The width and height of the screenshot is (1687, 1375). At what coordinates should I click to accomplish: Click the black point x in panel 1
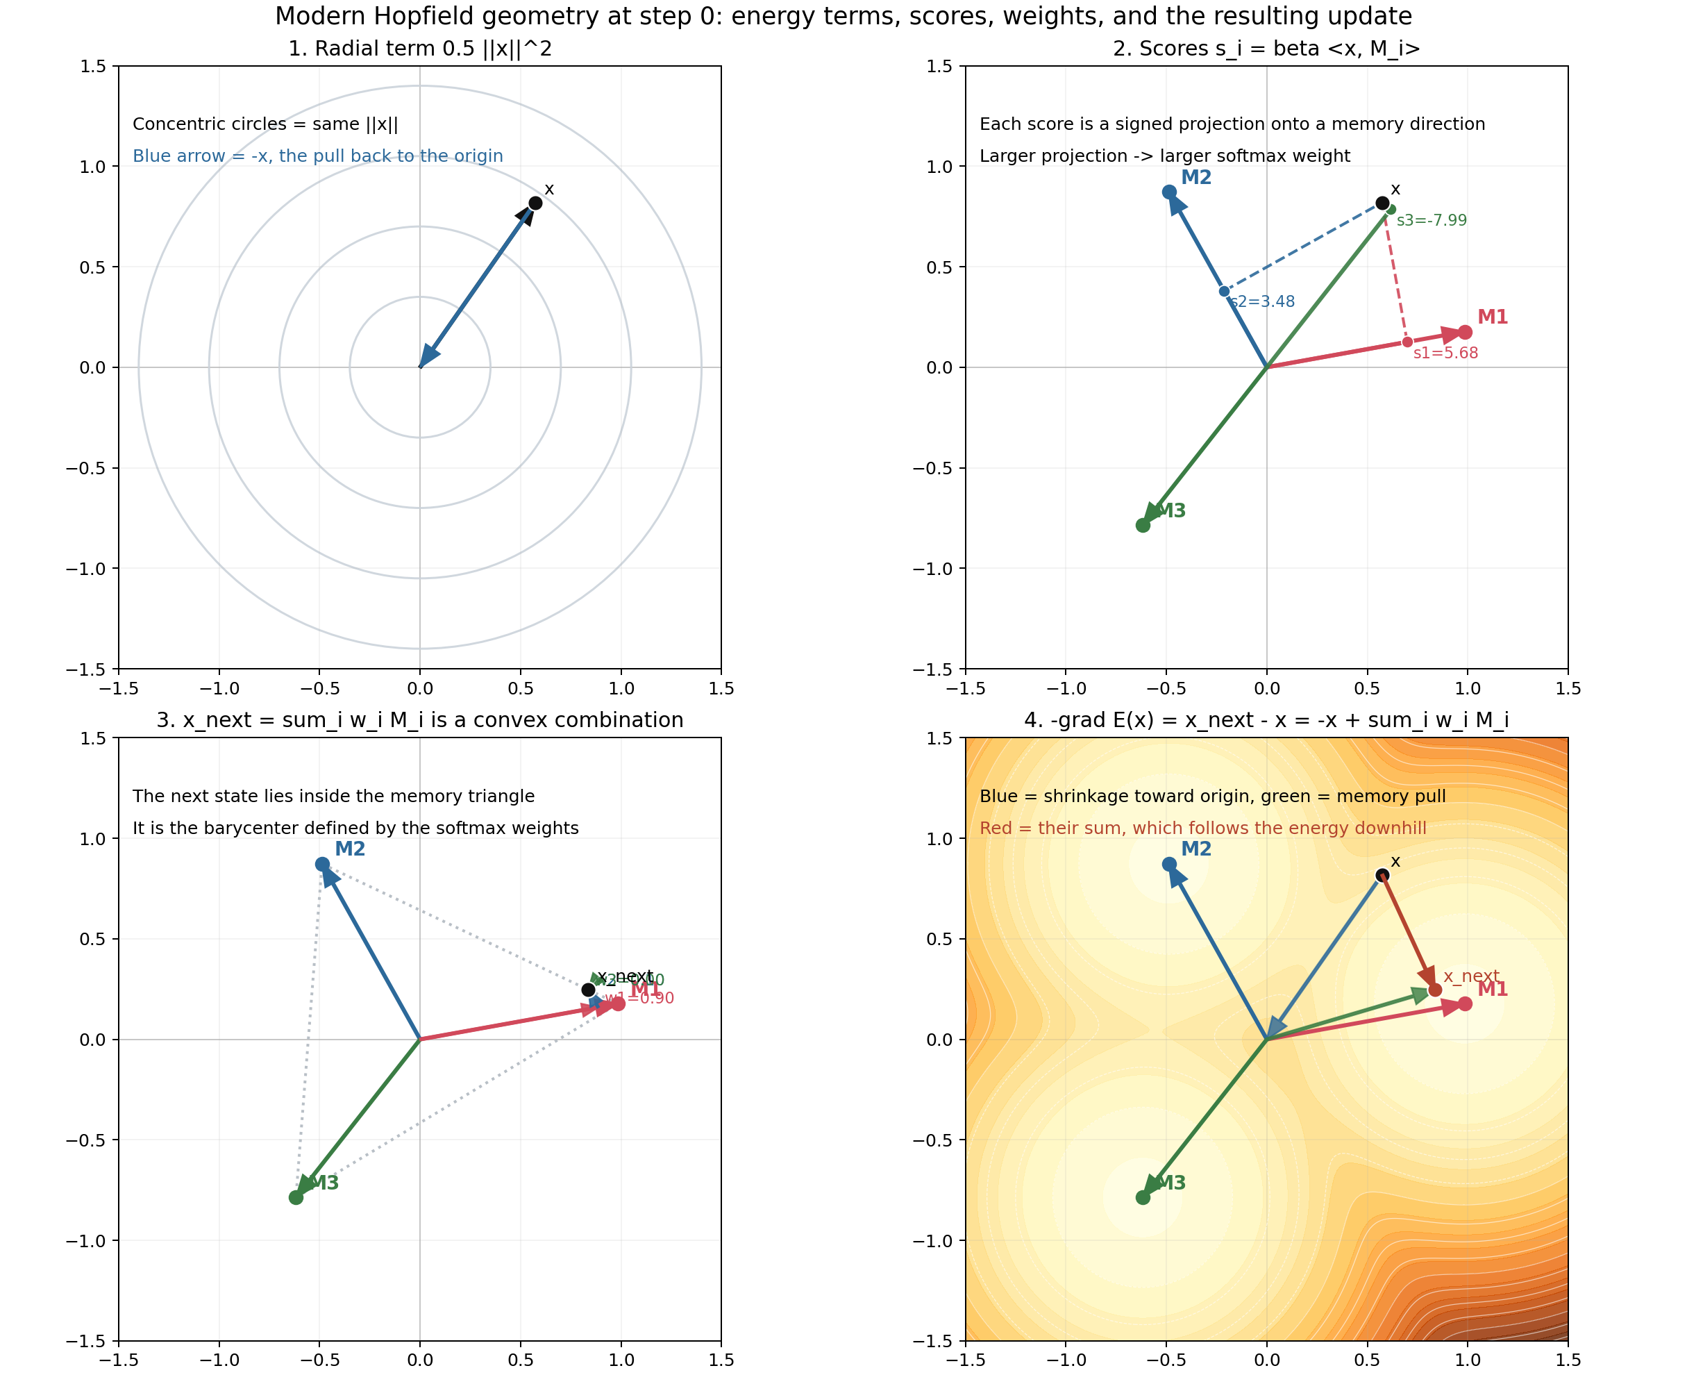pos(535,203)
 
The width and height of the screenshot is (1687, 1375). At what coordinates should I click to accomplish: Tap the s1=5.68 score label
pos(1445,353)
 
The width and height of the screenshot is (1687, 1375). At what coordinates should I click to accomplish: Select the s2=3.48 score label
pos(1263,302)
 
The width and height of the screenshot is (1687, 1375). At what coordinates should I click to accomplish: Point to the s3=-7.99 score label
pos(1432,220)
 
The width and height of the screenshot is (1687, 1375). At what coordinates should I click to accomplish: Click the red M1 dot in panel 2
pos(1465,333)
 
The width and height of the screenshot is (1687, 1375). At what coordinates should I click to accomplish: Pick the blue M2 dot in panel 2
pos(1169,192)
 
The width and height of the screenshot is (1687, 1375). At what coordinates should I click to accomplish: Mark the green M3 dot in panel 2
pos(1142,525)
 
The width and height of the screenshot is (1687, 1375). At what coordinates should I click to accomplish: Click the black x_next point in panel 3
pos(588,990)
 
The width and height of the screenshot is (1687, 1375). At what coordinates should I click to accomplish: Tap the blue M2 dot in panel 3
pos(322,864)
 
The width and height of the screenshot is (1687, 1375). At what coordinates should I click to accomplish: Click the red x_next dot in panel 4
pos(1434,990)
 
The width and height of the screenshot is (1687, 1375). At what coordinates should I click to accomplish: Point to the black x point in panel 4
pos(1382,875)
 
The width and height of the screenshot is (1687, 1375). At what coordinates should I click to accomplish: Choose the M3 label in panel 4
pos(1171,1183)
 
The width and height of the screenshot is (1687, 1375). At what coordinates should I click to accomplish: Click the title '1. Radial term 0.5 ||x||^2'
pos(419,49)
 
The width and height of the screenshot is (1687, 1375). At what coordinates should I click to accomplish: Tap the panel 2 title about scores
pos(1266,49)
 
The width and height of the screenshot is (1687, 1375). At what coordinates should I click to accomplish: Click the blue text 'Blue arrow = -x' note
pos(317,156)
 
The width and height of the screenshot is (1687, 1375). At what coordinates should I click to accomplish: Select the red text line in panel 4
pos(1202,828)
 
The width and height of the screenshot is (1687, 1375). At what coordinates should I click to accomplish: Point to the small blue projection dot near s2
pos(1224,292)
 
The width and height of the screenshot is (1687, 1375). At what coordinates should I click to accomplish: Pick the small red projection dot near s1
pos(1407,342)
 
